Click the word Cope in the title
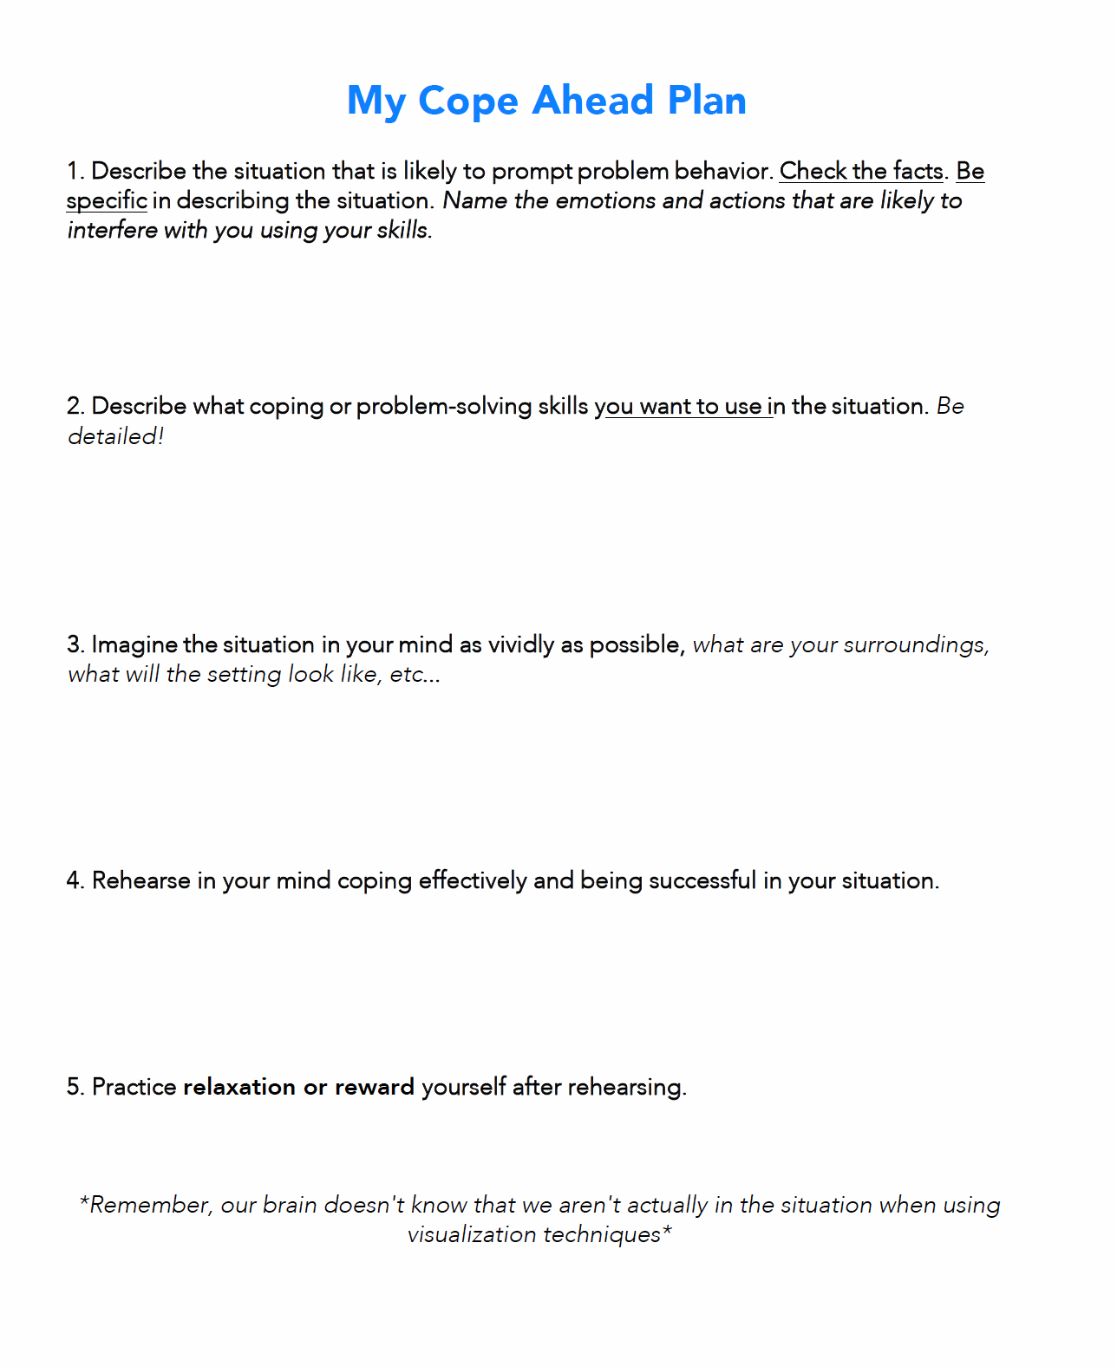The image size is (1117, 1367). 468,101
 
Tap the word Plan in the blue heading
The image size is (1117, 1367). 707,101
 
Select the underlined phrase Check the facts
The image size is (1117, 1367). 860,171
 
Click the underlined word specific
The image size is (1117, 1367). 107,201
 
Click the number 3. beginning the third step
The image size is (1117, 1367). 75,644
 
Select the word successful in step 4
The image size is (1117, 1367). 702,880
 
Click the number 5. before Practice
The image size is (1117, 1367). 75,1087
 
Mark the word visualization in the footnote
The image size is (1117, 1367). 467,1234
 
